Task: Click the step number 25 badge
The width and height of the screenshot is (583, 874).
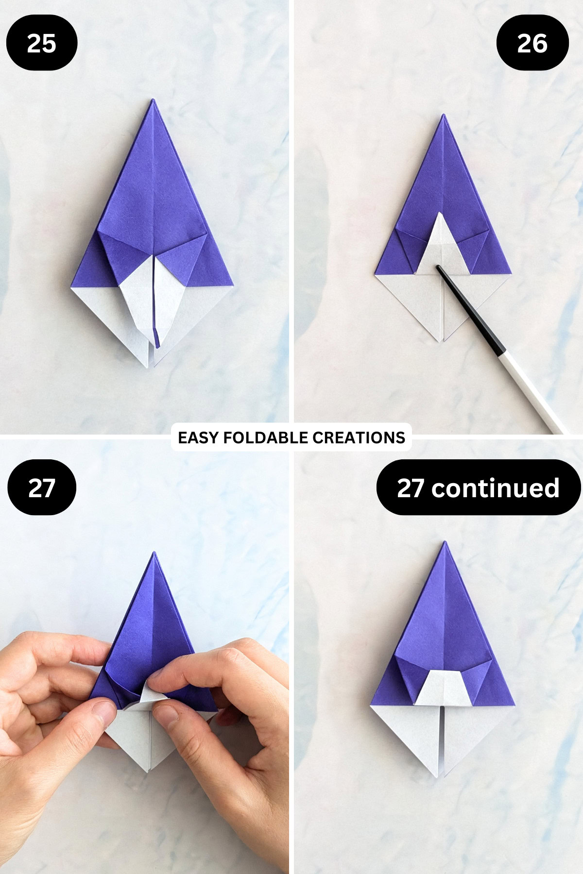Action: point(41,43)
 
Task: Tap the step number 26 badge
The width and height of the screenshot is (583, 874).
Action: point(532,43)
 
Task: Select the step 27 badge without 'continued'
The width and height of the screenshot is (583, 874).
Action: point(41,487)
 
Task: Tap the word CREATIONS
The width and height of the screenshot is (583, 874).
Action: point(359,437)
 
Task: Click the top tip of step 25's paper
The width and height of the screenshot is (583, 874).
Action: point(153,101)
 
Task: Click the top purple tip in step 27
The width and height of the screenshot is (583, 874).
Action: point(154,554)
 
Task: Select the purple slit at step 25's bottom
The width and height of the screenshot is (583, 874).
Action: point(156,335)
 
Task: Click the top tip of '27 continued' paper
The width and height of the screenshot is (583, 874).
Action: point(444,543)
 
